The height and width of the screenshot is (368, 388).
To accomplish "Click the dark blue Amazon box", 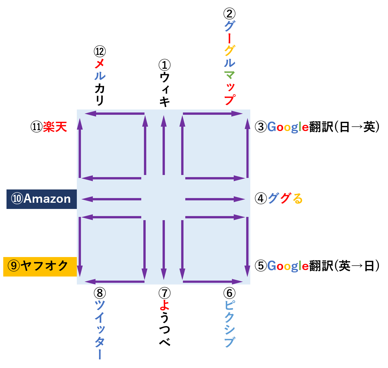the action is pos(41,199).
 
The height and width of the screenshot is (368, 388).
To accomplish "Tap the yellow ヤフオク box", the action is pos(40,266).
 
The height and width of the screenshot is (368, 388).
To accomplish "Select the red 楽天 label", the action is pos(55,127).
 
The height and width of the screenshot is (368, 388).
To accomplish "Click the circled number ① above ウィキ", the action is pos(164,65).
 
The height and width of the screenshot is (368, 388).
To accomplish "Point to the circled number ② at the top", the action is pos(229,14).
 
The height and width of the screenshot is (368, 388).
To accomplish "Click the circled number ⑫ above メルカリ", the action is pos(100,51).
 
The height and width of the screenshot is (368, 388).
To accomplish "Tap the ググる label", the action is pos(285,198).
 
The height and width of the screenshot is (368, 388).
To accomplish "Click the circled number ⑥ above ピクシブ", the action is pos(229,293).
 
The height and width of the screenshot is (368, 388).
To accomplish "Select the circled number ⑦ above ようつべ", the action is pos(164,293).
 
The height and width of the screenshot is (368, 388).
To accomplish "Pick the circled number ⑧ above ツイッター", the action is pos(100,293).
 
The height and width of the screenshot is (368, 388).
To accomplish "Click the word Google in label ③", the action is pos(288,127).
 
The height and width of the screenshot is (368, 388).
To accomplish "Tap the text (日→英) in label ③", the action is pos(356,127).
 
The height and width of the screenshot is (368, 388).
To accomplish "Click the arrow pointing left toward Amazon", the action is pos(111,199).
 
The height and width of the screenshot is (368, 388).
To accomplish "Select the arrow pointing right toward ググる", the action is pos(215,199).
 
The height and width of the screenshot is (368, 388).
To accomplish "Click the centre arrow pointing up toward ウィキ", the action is pos(164,145).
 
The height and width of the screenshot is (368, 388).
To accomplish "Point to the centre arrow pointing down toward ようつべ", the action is pos(164,250).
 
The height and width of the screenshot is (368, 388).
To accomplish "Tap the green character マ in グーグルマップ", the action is pos(229,75).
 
